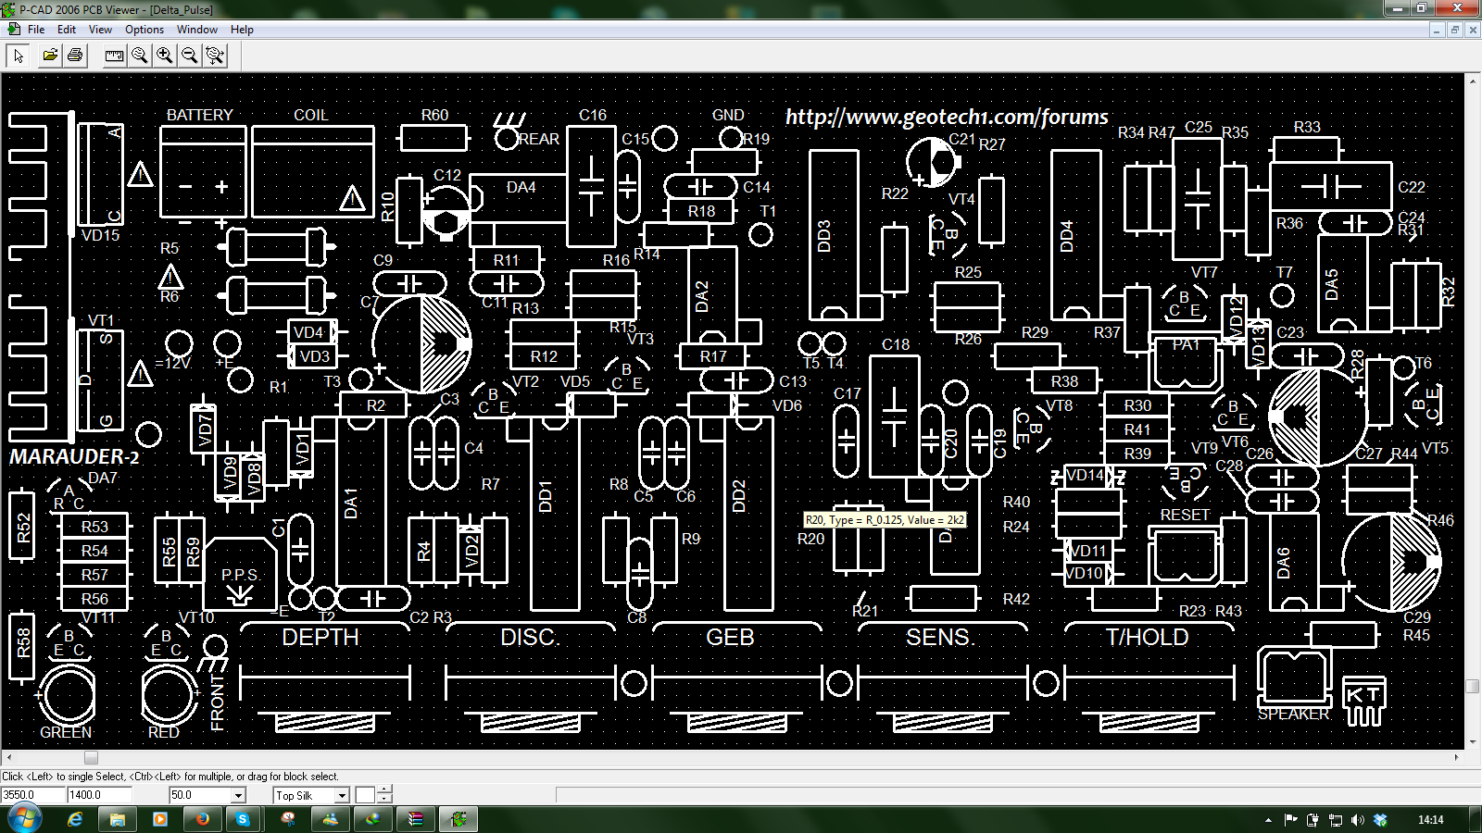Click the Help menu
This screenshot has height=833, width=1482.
pyautogui.click(x=242, y=30)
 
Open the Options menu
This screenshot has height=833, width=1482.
pyautogui.click(x=144, y=30)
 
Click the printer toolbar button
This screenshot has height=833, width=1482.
pyautogui.click(x=75, y=56)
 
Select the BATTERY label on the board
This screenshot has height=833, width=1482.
pyautogui.click(x=199, y=115)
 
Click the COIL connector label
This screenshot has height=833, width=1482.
pyautogui.click(x=310, y=115)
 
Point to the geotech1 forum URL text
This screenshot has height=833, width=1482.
pyautogui.click(x=947, y=117)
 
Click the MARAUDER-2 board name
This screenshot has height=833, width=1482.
pyautogui.click(x=74, y=457)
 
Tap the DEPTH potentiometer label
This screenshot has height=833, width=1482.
pyautogui.click(x=320, y=638)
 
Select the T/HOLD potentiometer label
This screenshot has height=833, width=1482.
pyautogui.click(x=1147, y=638)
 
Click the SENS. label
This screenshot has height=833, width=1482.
pyautogui.click(x=940, y=638)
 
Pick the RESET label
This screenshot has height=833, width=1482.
pyautogui.click(x=1185, y=515)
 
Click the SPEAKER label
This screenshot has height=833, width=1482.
pyautogui.click(x=1293, y=715)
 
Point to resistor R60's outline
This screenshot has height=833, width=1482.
pyautogui.click(x=433, y=139)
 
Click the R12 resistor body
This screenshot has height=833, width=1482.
pyautogui.click(x=544, y=356)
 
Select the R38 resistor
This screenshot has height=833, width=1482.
pyautogui.click(x=1064, y=380)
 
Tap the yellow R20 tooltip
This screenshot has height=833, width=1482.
pyautogui.click(x=885, y=520)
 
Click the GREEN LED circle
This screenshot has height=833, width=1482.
pyautogui.click(x=67, y=694)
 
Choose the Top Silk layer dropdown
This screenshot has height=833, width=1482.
pyautogui.click(x=311, y=795)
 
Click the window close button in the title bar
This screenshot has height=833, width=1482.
pyautogui.click(x=1458, y=8)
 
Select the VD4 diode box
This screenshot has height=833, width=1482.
pyautogui.click(x=308, y=332)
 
